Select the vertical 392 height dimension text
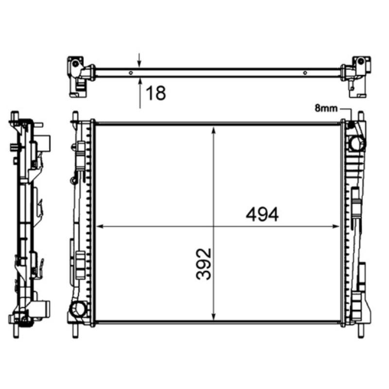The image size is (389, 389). [205, 264]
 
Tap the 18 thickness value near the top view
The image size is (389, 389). [156, 93]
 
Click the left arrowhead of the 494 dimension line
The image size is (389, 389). [100, 226]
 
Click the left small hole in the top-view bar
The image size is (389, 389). [131, 73]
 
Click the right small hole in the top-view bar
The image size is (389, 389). [304, 73]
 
